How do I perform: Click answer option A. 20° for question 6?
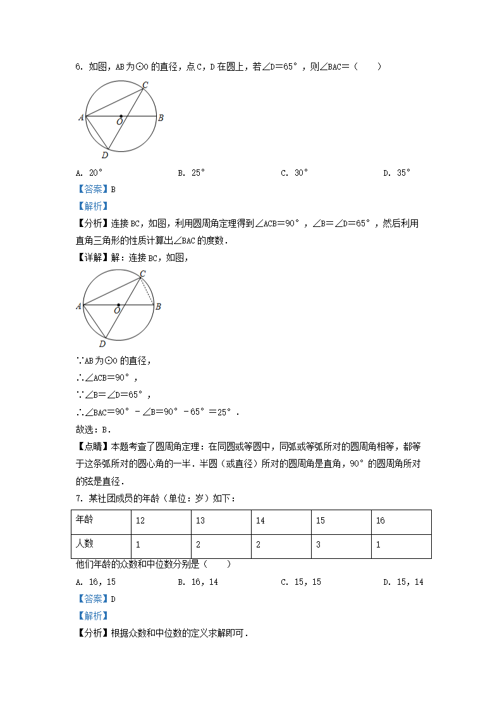click(x=89, y=173)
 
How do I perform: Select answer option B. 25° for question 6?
click(x=191, y=173)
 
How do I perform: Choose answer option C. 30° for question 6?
click(x=294, y=173)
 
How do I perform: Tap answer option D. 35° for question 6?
click(x=396, y=173)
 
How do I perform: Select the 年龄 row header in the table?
click(x=85, y=520)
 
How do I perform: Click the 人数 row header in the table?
click(x=85, y=544)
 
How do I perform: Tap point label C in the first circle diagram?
click(x=145, y=85)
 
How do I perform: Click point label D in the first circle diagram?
click(x=105, y=155)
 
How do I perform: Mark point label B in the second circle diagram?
click(x=159, y=307)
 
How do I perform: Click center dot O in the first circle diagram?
click(x=121, y=116)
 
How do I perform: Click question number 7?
click(x=79, y=498)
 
